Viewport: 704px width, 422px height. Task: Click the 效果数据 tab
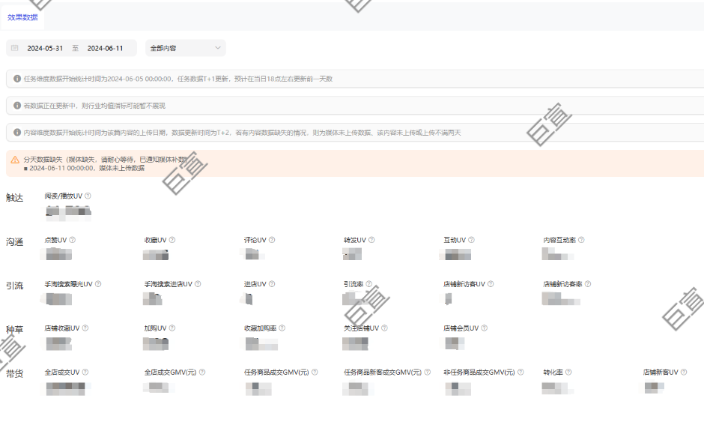pyautogui.click(x=22, y=17)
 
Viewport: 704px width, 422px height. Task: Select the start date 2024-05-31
pyautogui.click(x=45, y=48)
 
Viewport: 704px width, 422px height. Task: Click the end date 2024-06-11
pyautogui.click(x=105, y=48)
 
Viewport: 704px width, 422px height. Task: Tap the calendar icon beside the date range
pyautogui.click(x=14, y=48)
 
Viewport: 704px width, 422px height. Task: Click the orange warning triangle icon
pyautogui.click(x=14, y=160)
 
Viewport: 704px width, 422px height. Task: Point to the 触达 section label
pyautogui.click(x=14, y=197)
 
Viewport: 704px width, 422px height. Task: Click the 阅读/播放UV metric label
pyautogui.click(x=64, y=196)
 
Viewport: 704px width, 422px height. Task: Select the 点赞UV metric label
pyautogui.click(x=56, y=240)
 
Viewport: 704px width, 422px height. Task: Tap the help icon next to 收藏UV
pyautogui.click(x=172, y=240)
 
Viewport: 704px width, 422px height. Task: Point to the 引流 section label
pyautogui.click(x=14, y=286)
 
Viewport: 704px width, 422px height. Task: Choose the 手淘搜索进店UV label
pyautogui.click(x=168, y=284)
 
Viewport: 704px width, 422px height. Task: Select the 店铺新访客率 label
pyautogui.click(x=563, y=284)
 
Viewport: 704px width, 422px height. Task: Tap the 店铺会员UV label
pyautogui.click(x=461, y=328)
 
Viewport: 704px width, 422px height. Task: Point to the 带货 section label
pyautogui.click(x=14, y=373)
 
